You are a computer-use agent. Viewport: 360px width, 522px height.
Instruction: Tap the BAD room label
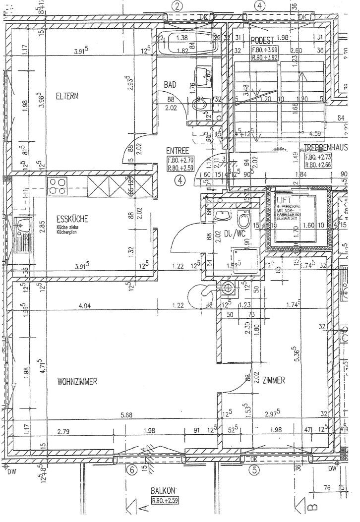coord(171,85)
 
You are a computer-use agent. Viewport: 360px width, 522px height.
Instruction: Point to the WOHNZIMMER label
coord(76,381)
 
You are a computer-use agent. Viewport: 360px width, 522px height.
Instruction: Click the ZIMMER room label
coord(274,381)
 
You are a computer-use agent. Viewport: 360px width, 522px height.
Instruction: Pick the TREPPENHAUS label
coord(324,147)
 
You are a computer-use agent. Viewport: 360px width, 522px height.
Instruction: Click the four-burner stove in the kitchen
coord(57,186)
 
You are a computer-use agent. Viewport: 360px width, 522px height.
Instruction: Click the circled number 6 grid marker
coord(131,471)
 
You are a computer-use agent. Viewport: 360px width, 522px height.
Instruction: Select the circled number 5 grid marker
coord(254,471)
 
